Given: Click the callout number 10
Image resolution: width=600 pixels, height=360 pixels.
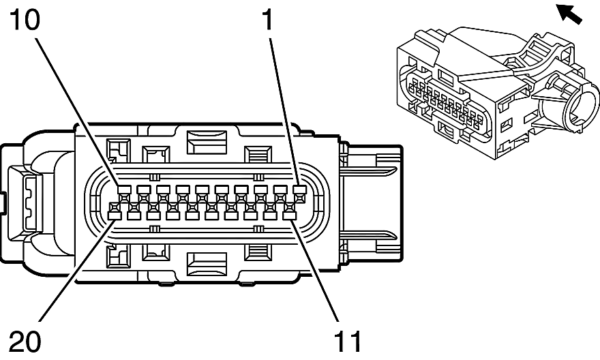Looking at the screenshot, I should (x=22, y=21).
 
